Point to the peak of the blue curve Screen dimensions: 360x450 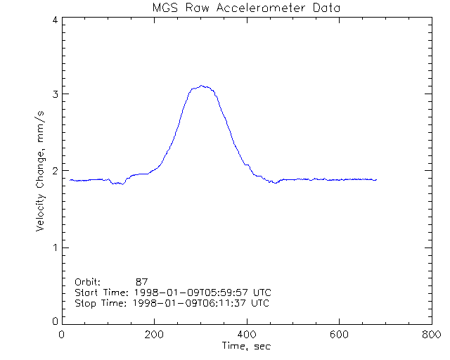[202, 86]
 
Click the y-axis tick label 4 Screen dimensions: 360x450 [54, 20]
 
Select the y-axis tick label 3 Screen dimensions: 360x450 [54, 94]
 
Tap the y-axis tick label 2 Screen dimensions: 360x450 [54, 171]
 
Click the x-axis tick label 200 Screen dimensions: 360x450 [154, 335]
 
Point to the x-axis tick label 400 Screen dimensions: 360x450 [246, 335]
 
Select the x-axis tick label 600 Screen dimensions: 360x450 [339, 335]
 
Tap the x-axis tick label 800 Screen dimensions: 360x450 [430, 335]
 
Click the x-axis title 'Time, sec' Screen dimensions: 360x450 [245, 346]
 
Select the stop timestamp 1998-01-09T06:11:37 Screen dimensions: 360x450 [184, 303]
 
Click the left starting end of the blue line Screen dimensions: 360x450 [70, 180]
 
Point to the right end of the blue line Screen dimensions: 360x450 [376, 180]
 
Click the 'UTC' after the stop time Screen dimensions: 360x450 [259, 303]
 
